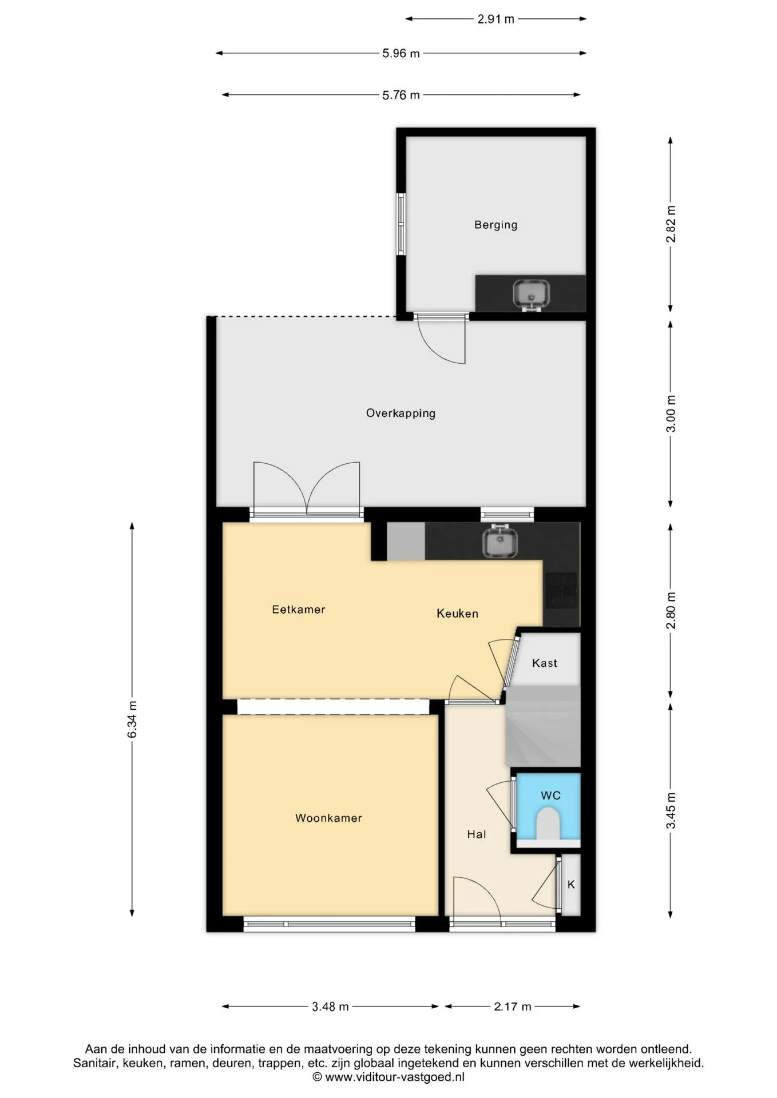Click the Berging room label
(495, 225)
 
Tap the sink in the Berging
(531, 295)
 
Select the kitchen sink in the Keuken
(500, 541)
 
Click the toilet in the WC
(549, 823)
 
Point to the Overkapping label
(401, 413)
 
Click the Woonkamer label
(328, 818)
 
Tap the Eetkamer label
(298, 609)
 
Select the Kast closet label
(544, 663)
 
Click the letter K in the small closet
(570, 884)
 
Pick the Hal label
(476, 834)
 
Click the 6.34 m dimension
(132, 719)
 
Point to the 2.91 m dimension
(495, 19)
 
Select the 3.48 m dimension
(330, 1006)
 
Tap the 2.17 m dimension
(513, 1006)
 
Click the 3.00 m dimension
(671, 413)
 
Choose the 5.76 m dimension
(401, 94)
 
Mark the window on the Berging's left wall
(401, 224)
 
